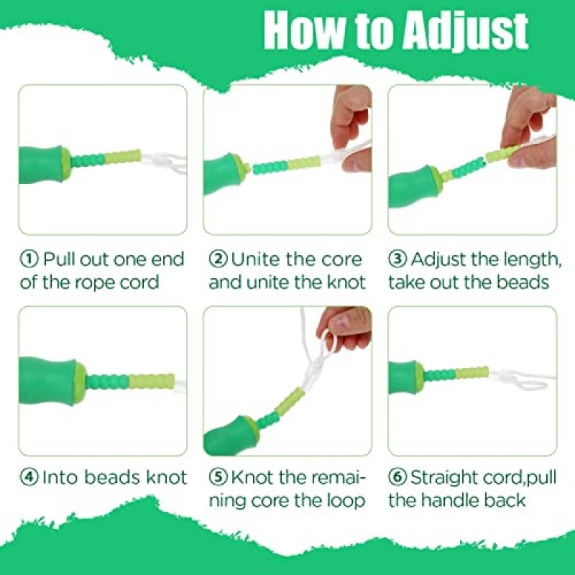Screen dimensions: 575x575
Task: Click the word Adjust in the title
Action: [x=465, y=32]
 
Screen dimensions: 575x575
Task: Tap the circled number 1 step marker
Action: [x=29, y=259]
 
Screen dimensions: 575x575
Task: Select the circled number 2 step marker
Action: [x=218, y=259]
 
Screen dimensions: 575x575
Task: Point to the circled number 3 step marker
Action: [x=397, y=259]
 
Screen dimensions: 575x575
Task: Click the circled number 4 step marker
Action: [x=29, y=477]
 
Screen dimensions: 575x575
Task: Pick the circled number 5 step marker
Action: [x=218, y=477]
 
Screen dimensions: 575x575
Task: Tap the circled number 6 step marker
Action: [x=397, y=477]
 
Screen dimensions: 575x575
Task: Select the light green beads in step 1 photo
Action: [x=123, y=157]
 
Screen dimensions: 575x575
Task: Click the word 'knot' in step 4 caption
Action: [x=166, y=477]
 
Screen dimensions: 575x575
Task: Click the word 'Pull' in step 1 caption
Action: [x=60, y=259]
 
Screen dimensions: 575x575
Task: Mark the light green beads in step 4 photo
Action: [x=152, y=382]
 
